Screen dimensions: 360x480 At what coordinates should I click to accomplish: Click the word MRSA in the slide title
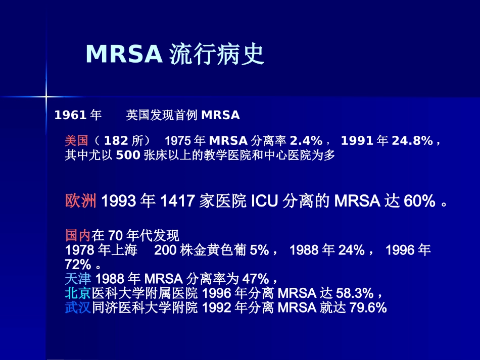tap(123, 54)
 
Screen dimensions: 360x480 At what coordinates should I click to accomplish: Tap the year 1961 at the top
tap(70, 115)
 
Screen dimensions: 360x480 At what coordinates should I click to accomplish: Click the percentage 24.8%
tap(412, 140)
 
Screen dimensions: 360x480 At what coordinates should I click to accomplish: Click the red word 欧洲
tap(81, 201)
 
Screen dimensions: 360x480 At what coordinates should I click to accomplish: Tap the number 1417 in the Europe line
tap(177, 201)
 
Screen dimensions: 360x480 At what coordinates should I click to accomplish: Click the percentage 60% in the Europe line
tap(419, 201)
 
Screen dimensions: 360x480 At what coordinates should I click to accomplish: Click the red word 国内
tap(78, 235)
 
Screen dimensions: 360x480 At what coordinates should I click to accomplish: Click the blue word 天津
tap(78, 279)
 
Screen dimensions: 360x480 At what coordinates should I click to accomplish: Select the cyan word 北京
tap(78, 293)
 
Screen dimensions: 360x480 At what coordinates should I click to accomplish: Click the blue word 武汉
tap(78, 307)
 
